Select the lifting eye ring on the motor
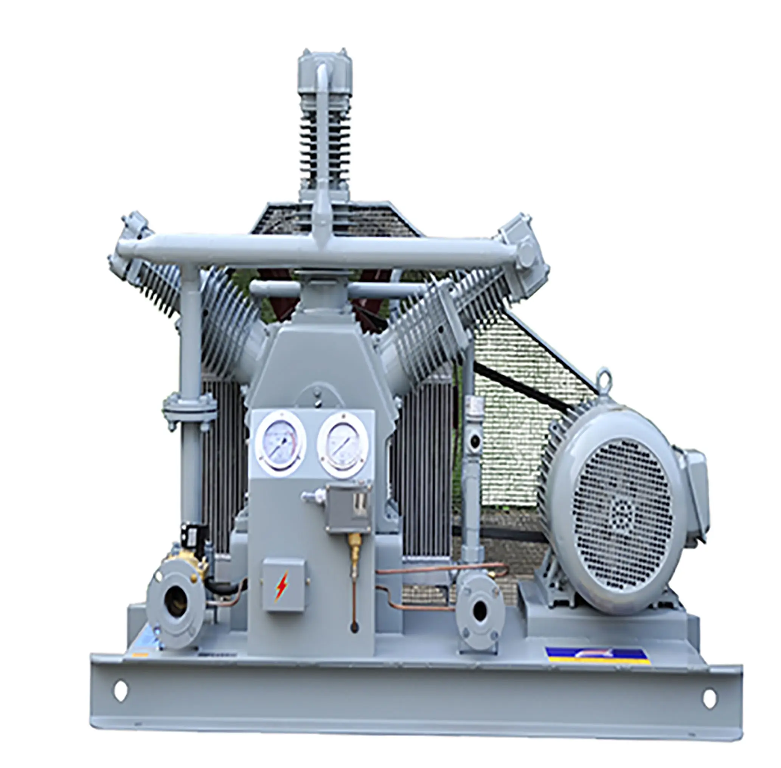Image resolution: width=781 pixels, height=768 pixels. click(x=602, y=378)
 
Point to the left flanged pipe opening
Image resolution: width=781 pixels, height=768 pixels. click(x=175, y=599)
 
